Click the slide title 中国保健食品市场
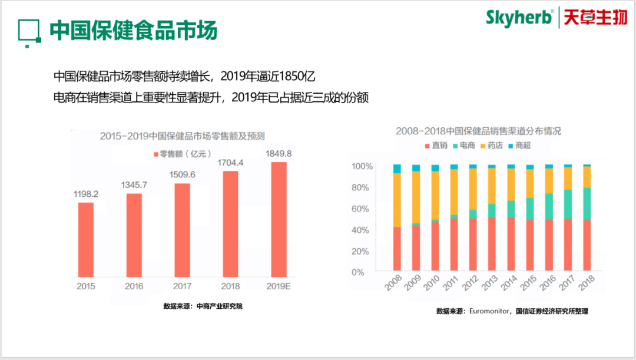(x=133, y=30)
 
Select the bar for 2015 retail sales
(x=86, y=239)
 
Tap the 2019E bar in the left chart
(x=279, y=219)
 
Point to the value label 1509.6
(x=182, y=174)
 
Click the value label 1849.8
(x=279, y=153)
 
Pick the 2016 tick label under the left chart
(x=134, y=286)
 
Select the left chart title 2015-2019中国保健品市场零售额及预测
(x=182, y=136)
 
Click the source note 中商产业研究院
(x=203, y=306)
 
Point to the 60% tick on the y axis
(x=361, y=209)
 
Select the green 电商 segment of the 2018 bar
(x=587, y=204)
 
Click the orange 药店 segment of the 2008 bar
(x=397, y=200)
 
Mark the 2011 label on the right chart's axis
(x=450, y=286)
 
